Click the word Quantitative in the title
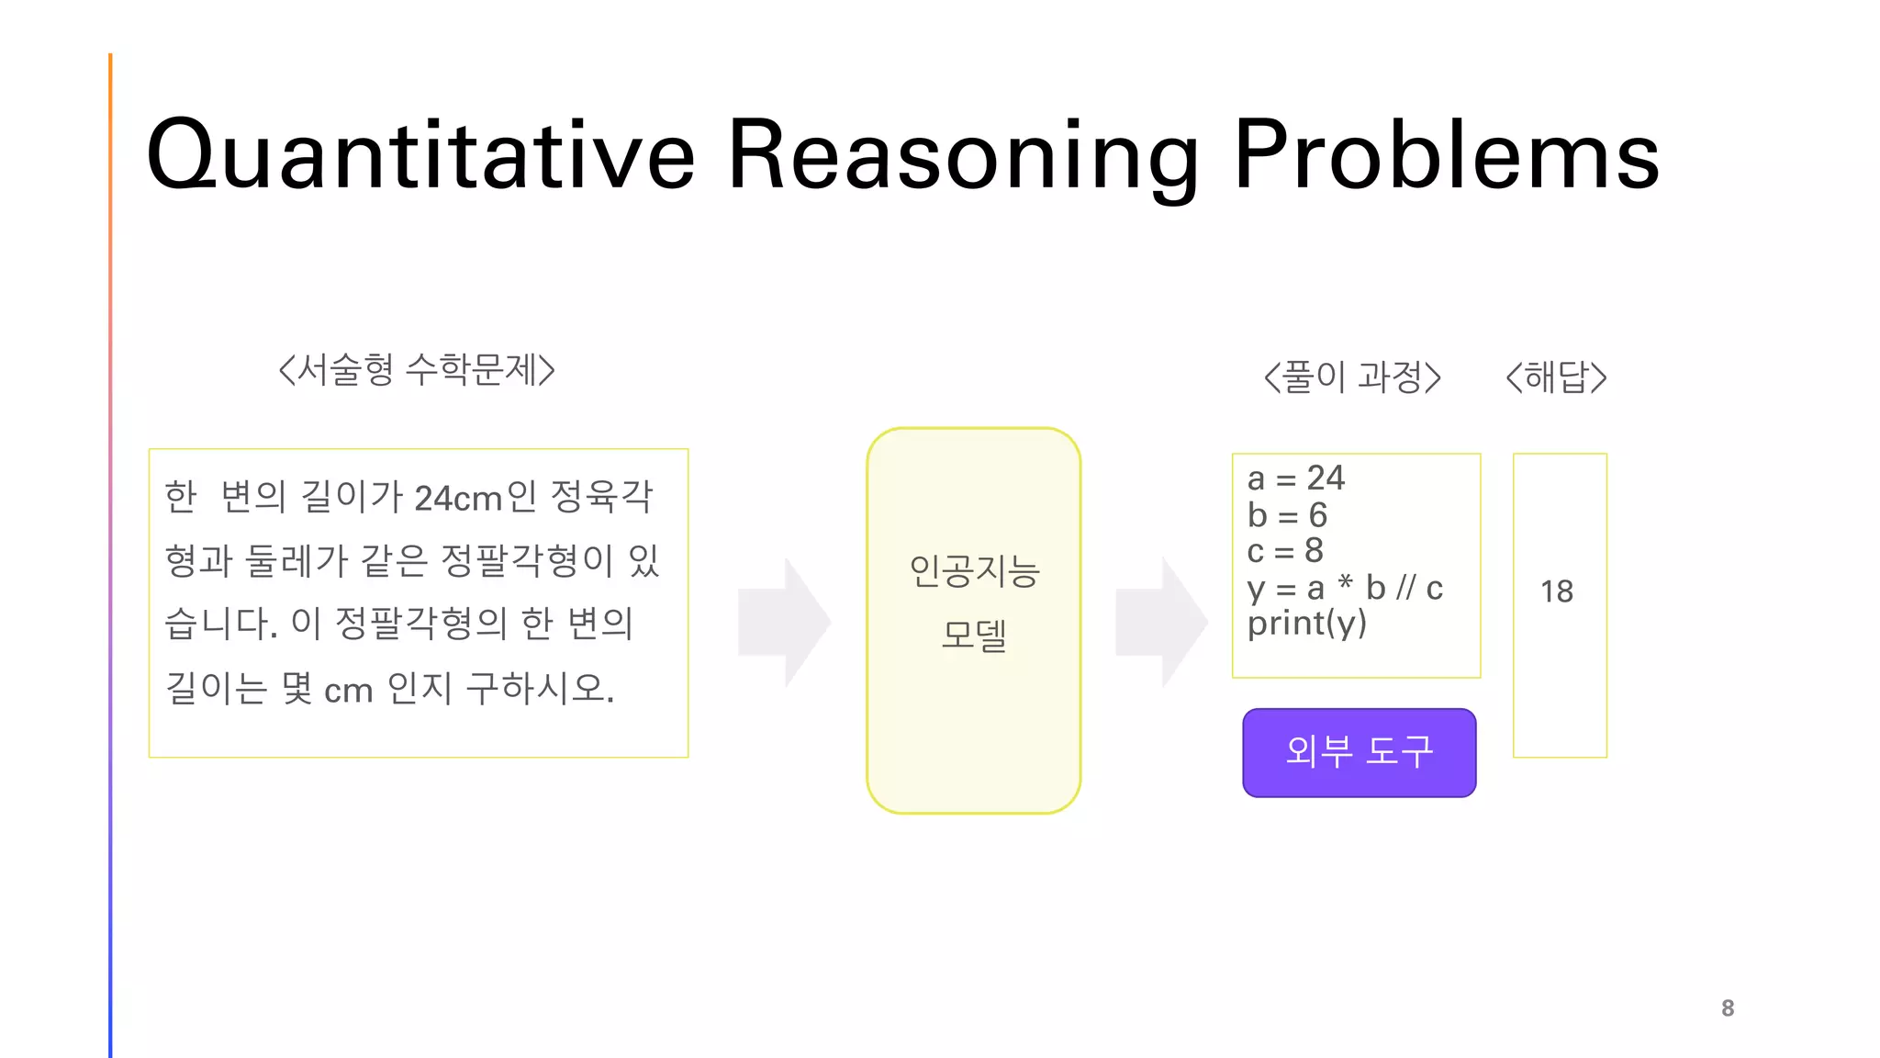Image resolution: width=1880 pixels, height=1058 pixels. tap(420, 156)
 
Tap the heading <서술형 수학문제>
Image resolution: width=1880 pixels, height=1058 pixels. tap(417, 370)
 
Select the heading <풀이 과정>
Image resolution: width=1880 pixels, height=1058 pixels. tap(1352, 377)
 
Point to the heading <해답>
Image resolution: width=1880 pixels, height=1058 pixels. tap(1557, 377)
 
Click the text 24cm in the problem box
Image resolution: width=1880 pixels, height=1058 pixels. tap(457, 499)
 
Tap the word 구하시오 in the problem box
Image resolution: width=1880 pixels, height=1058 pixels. tap(539, 689)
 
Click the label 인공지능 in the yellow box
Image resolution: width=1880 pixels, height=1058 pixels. tap(974, 571)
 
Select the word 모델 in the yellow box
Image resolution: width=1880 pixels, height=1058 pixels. tap(974, 635)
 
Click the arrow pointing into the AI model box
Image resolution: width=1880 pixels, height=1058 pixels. tap(785, 622)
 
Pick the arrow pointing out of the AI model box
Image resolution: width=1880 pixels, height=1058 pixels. tap(1162, 622)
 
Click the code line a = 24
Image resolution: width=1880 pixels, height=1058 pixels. tap(1295, 478)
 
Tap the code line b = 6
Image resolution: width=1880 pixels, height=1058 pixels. tap(1287, 515)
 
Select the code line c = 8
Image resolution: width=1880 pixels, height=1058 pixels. tap(1285, 551)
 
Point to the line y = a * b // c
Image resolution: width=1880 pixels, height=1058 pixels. tap(1345, 588)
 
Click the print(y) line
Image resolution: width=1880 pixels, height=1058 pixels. tap(1306, 624)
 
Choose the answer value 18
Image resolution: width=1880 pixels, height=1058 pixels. tap(1557, 591)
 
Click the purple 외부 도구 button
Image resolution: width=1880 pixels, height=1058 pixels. tap(1359, 752)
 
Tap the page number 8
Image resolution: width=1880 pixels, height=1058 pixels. tap(1728, 1008)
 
